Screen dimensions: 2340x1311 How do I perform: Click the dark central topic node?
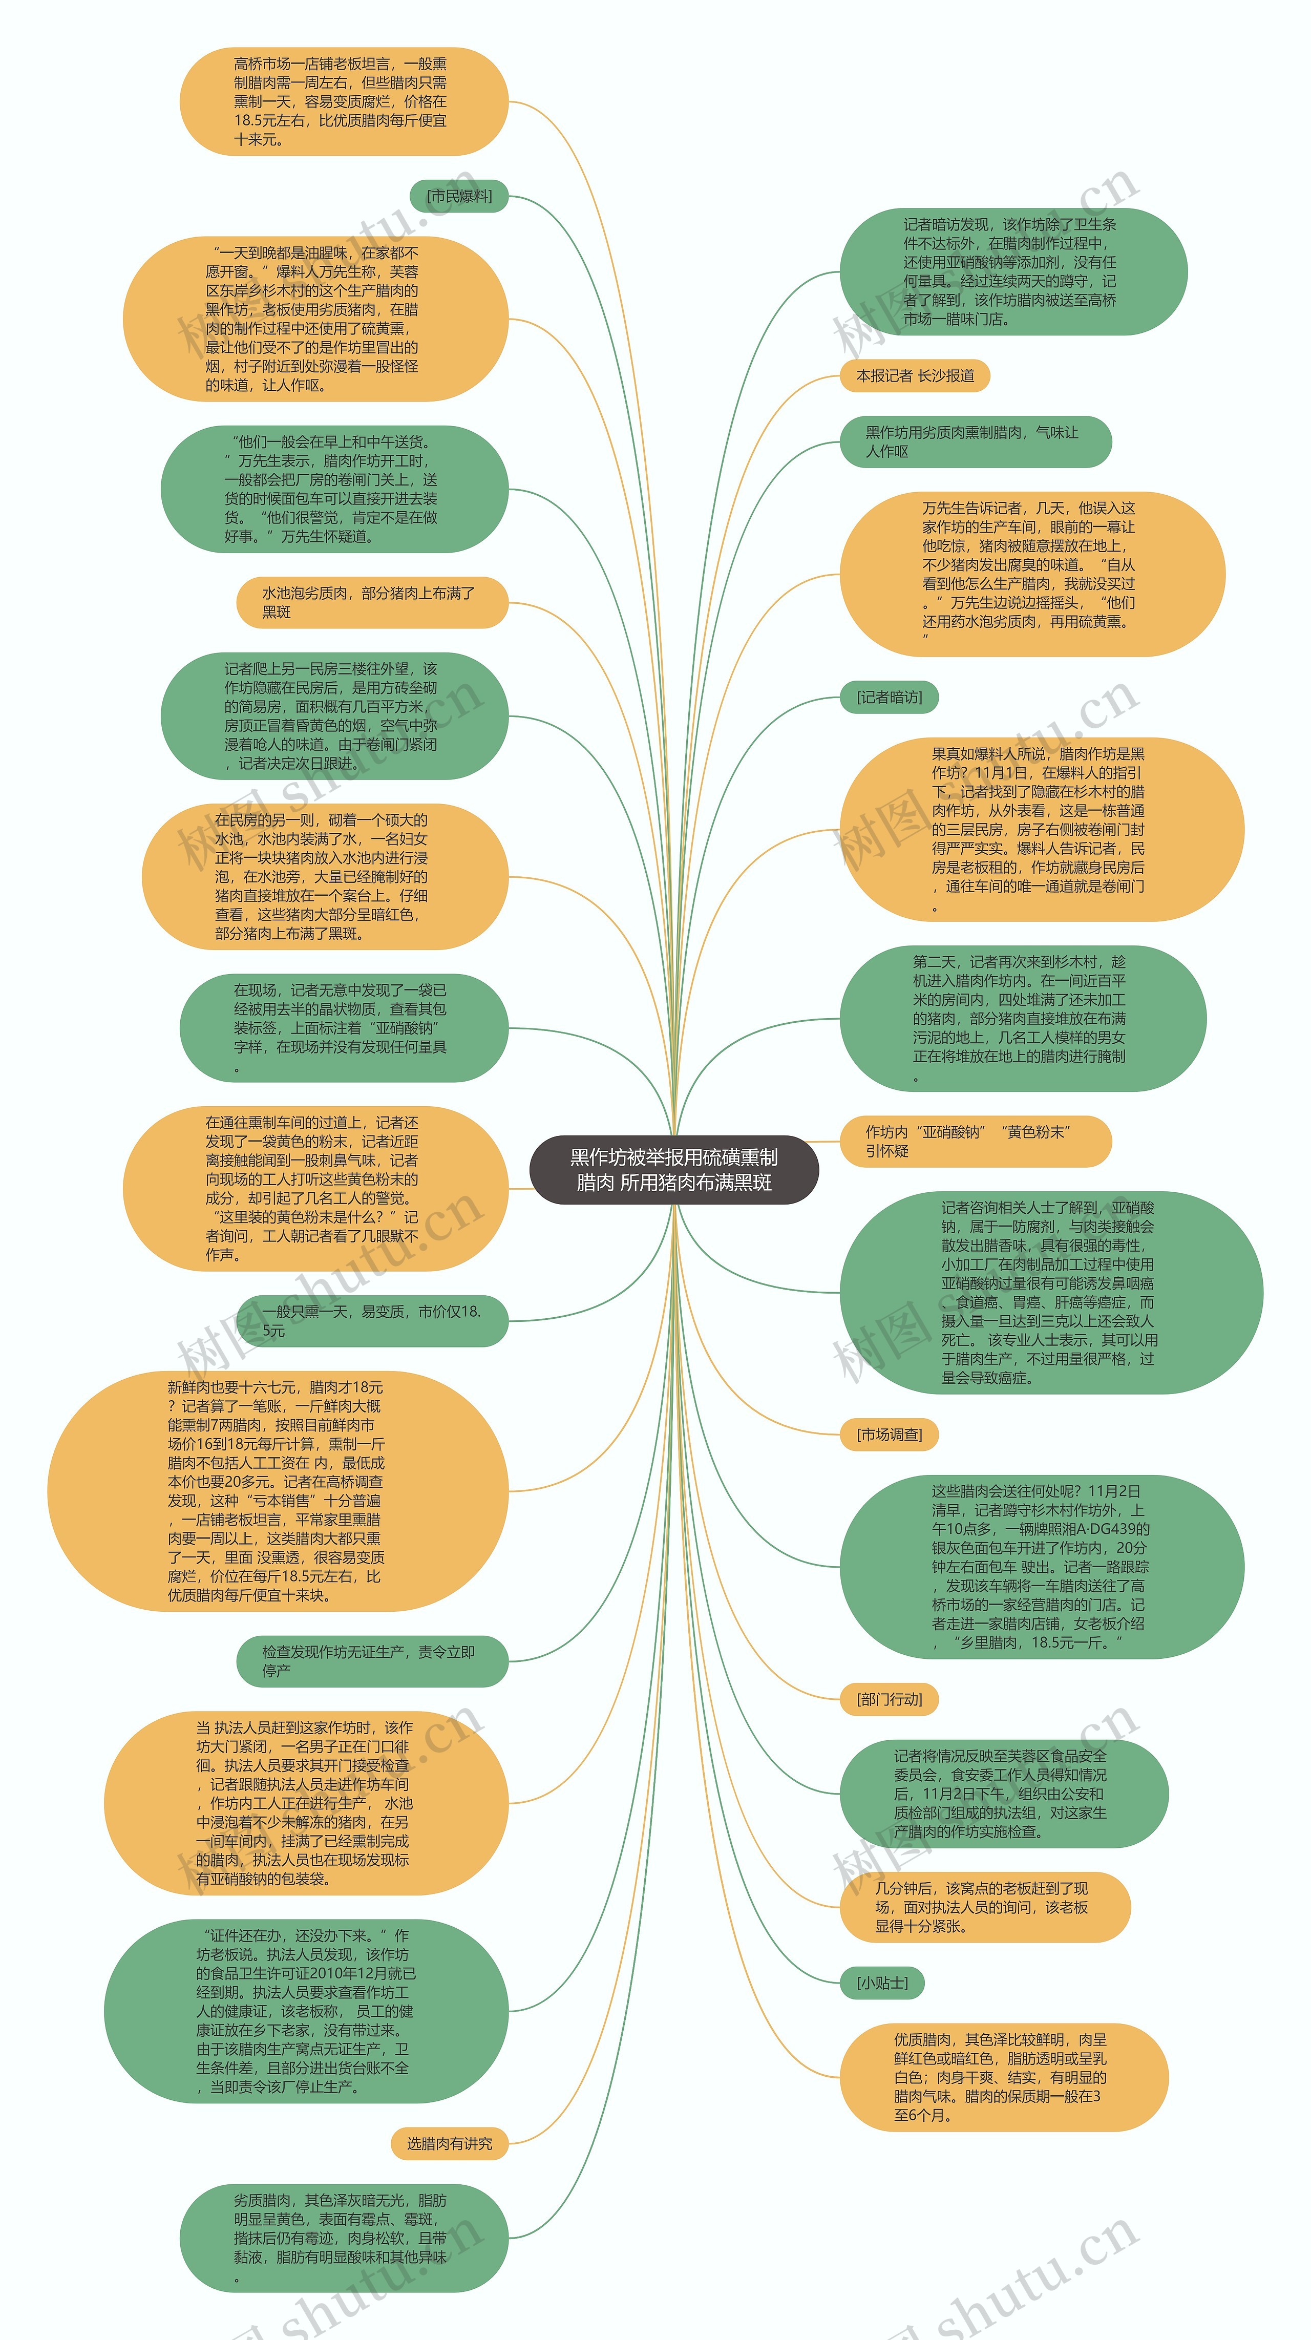point(673,1169)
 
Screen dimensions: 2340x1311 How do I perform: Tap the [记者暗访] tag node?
point(889,698)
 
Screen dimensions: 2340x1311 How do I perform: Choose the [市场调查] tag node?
point(889,1435)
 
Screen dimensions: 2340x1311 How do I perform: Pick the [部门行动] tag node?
point(889,1699)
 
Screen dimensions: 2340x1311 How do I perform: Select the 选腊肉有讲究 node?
point(449,2144)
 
